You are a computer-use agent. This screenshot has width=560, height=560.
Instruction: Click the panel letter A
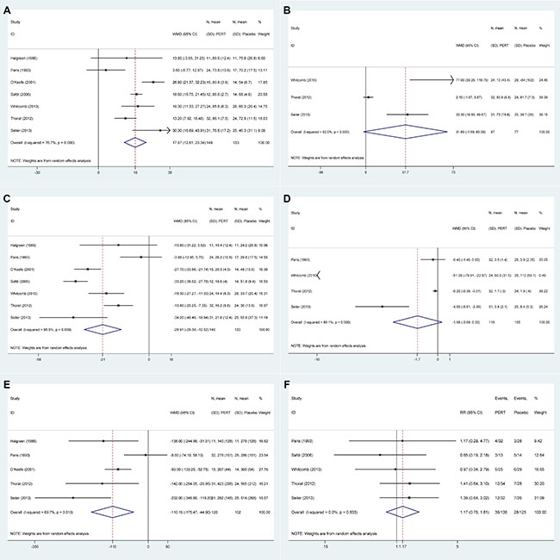(x=9, y=9)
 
